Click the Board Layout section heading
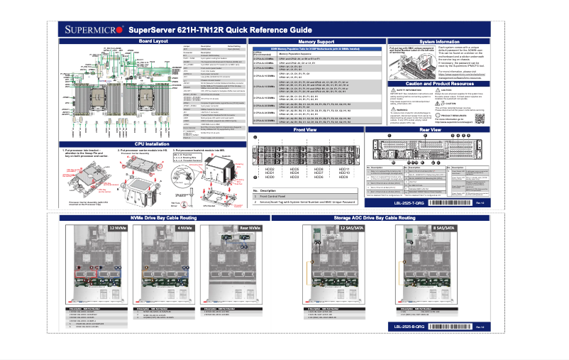pos(153,42)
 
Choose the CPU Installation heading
pos(153,143)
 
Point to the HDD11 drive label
pos(364,168)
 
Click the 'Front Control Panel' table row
pos(284,197)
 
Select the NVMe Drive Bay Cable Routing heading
pos(163,217)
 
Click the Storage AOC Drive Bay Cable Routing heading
pos(382,217)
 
